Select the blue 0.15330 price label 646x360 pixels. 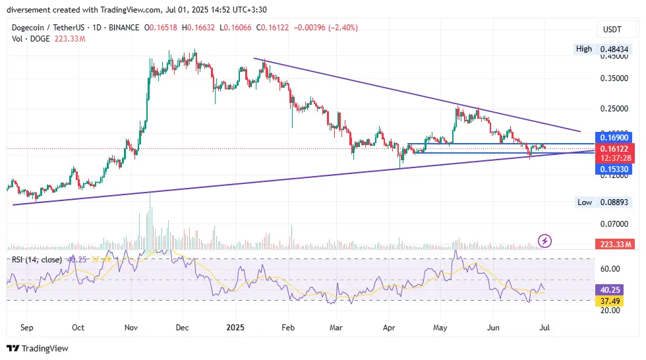coord(612,169)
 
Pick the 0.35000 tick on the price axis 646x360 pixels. coord(612,78)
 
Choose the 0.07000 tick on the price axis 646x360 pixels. coord(612,224)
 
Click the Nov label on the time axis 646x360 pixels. coord(131,326)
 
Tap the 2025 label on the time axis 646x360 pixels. coord(235,326)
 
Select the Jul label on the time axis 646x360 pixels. coord(544,326)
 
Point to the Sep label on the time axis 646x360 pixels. coord(27,326)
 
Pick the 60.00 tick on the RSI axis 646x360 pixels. coord(611,268)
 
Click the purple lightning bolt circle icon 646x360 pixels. coord(545,241)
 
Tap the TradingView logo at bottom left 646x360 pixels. coord(38,348)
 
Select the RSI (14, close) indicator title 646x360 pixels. coord(36,260)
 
